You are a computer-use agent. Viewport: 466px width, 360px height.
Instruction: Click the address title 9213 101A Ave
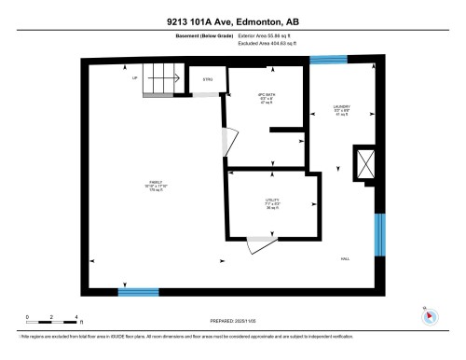(233, 20)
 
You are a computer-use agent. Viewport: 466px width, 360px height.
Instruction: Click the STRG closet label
(207, 80)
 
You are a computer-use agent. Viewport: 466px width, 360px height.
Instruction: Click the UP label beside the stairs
(135, 78)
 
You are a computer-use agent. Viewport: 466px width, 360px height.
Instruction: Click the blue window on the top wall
(327, 61)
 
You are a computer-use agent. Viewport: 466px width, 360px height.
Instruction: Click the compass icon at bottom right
(429, 314)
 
